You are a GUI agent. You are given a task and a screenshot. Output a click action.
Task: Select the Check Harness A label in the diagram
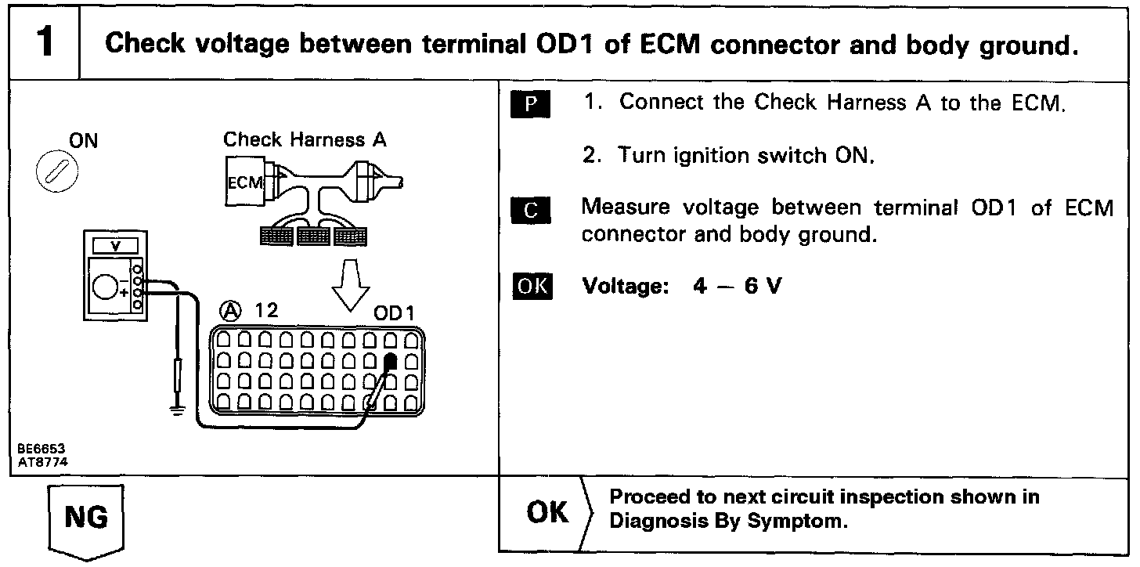(305, 140)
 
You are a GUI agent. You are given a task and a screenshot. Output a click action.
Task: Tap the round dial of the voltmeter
(105, 287)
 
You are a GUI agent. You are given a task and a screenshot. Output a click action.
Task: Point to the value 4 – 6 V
(737, 287)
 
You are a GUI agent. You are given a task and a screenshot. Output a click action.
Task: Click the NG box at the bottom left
(87, 518)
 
